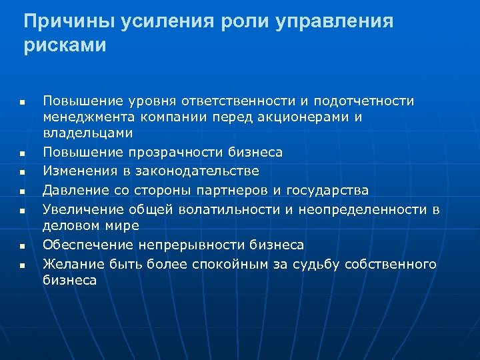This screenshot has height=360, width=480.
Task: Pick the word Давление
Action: [x=72, y=191]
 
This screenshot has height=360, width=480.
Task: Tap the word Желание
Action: [x=71, y=265]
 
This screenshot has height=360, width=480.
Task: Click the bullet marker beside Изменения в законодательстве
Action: [x=21, y=173]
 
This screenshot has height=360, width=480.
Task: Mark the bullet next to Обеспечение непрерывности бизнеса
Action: [x=21, y=247]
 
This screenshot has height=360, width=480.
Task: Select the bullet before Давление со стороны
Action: [x=21, y=192]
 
